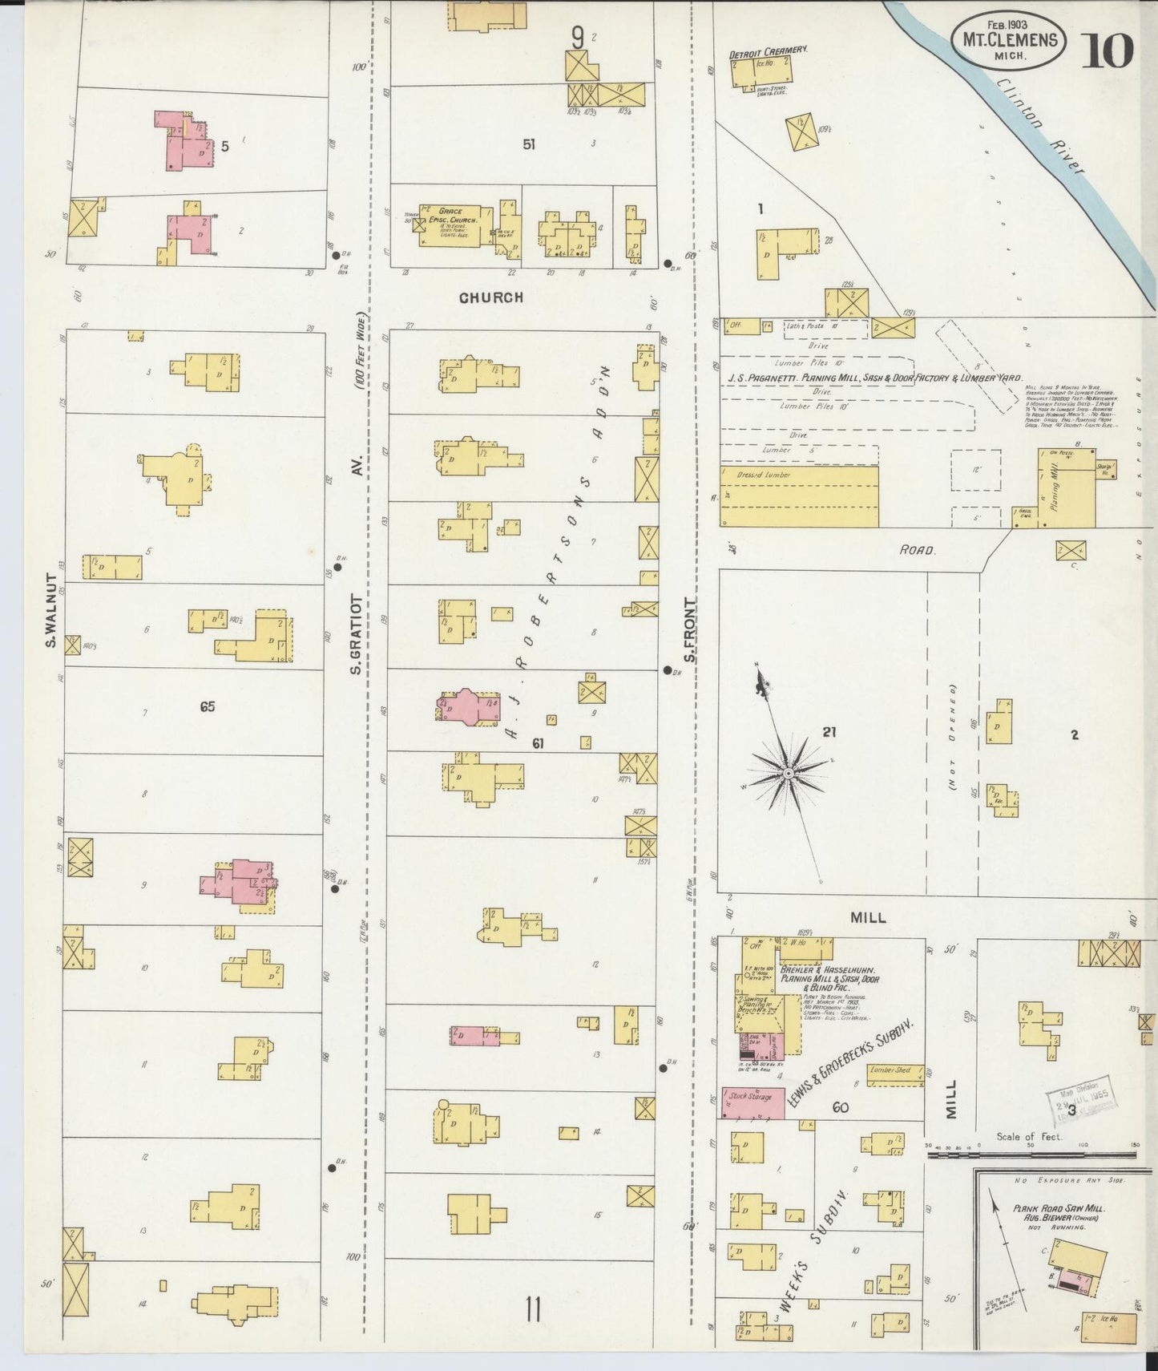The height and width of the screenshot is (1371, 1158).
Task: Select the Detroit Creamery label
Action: (767, 52)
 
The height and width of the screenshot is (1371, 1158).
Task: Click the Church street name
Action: (490, 297)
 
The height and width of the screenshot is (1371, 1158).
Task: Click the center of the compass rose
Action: (789, 773)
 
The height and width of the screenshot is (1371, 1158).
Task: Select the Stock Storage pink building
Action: (753, 1104)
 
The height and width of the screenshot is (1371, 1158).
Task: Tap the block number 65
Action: (208, 706)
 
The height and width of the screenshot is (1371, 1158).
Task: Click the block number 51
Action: (529, 145)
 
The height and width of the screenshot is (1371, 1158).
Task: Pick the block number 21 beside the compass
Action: (829, 731)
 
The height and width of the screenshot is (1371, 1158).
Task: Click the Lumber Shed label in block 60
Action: (890, 1070)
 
